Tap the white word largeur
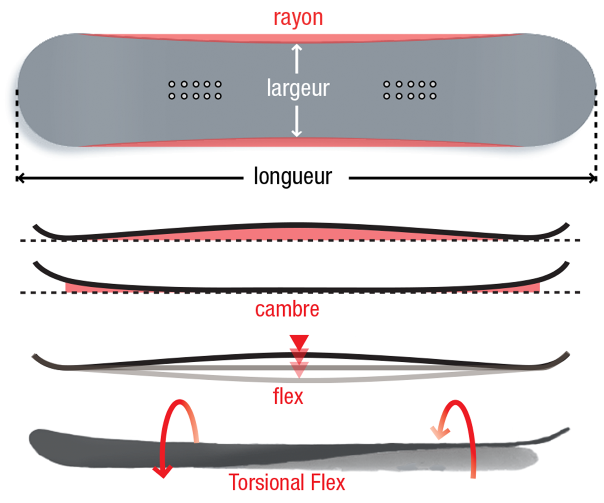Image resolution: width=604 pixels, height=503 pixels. click(x=298, y=88)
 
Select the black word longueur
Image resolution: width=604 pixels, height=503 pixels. click(x=293, y=176)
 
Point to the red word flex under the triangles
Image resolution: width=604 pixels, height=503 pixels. click(x=288, y=396)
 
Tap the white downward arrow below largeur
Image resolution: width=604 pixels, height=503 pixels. click(x=297, y=122)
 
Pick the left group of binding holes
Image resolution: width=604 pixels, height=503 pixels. click(x=195, y=90)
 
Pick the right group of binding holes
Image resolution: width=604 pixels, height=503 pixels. click(x=410, y=90)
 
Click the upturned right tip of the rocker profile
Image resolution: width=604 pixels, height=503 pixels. click(x=565, y=266)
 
